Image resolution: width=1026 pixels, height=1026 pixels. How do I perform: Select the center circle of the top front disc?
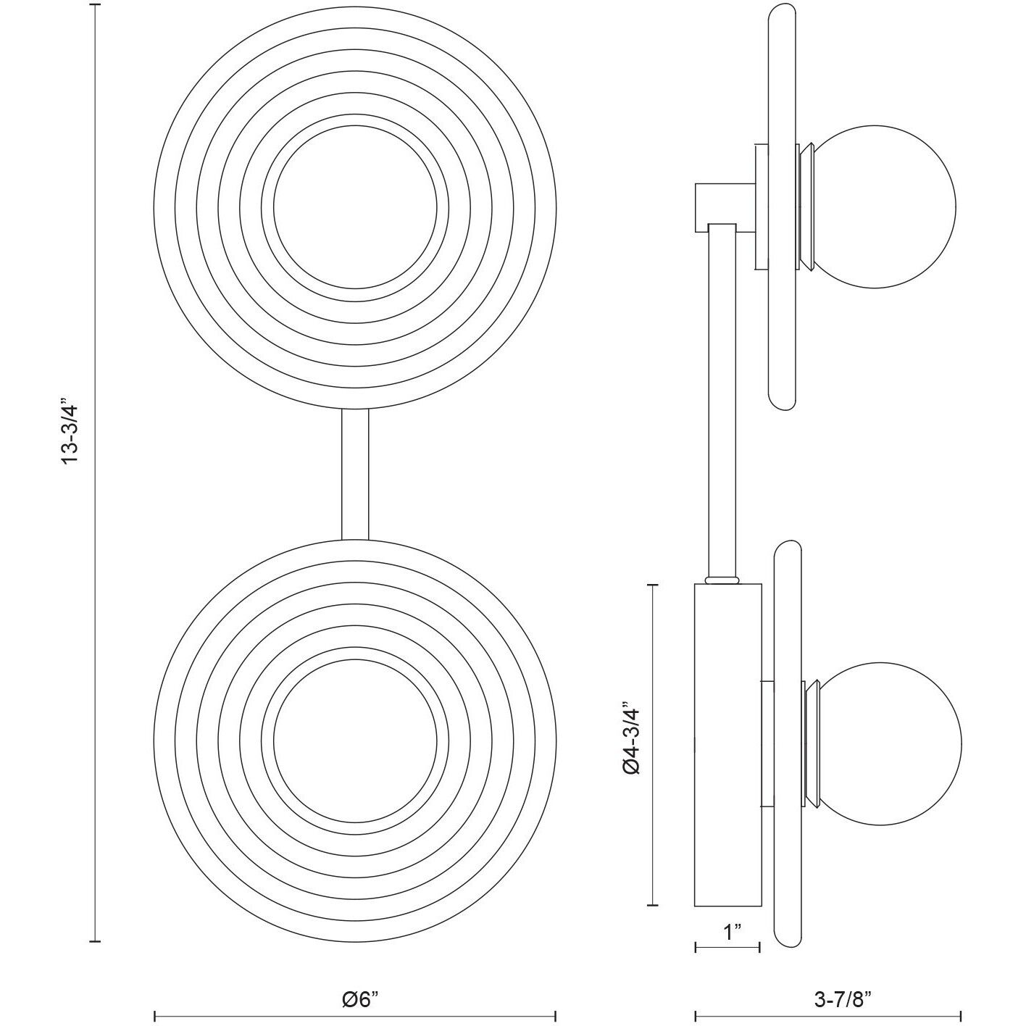pyautogui.click(x=355, y=207)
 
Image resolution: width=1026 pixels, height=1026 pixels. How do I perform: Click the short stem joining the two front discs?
pyautogui.click(x=355, y=475)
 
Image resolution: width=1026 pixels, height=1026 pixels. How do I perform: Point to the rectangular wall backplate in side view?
pyautogui.click(x=727, y=745)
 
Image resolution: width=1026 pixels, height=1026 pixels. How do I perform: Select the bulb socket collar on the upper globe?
pyautogui.click(x=806, y=207)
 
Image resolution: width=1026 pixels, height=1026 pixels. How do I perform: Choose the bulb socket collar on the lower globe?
pyautogui.click(x=810, y=743)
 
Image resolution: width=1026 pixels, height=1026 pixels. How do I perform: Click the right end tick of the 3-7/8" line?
pyautogui.click(x=961, y=1016)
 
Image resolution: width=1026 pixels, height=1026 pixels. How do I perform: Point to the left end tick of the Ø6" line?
pyautogui.click(x=155, y=1016)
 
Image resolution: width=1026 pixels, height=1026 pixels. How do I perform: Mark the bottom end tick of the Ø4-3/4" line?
pyautogui.click(x=654, y=905)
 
